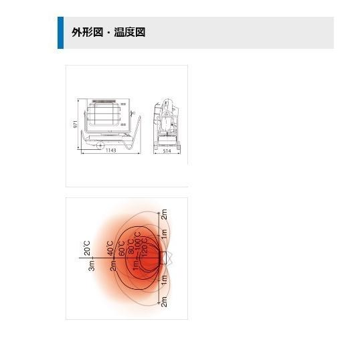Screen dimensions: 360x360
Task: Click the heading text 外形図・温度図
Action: tap(108, 32)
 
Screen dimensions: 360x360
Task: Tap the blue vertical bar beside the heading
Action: tap(61, 33)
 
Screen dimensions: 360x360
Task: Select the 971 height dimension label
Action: tap(76, 124)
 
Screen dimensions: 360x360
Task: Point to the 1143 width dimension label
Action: tap(111, 151)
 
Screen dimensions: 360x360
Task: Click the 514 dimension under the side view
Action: tap(167, 151)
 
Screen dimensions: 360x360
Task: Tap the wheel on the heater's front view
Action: tap(100, 145)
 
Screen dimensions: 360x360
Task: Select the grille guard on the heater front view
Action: tap(104, 114)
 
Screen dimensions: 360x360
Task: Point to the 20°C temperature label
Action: tap(87, 248)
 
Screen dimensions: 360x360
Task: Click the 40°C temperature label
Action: tap(110, 248)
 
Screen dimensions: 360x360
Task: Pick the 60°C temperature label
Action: tap(122, 248)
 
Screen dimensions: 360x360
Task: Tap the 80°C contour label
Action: tap(131, 247)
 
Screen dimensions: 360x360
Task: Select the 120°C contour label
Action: tap(145, 248)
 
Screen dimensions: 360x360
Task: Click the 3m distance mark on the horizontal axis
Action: tap(92, 266)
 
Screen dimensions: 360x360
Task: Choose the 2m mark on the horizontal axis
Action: tap(113, 266)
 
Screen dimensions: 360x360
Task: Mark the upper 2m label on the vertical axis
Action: tap(164, 214)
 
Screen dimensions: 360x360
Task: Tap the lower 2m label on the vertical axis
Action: tap(164, 302)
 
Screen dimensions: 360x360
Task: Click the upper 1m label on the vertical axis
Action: tap(164, 234)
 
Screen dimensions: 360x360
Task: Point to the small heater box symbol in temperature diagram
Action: tap(163, 258)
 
